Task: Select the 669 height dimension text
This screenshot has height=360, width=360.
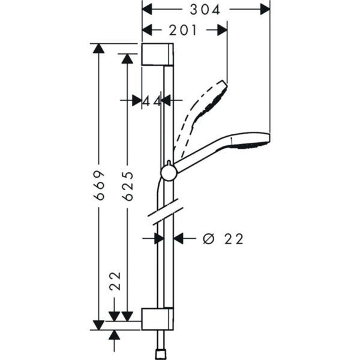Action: click(100, 185)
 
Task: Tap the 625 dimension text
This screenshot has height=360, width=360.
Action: click(127, 185)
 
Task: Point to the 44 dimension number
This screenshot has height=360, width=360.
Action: click(152, 101)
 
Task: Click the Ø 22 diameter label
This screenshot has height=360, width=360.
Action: click(223, 239)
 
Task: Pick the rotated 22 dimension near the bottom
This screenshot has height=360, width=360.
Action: click(115, 281)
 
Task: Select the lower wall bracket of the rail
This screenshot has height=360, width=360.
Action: click(158, 318)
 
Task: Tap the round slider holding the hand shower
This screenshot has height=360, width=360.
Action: click(169, 173)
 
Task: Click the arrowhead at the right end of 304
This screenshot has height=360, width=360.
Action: click(264, 10)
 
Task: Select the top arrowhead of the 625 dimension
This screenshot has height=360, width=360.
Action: click(127, 58)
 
